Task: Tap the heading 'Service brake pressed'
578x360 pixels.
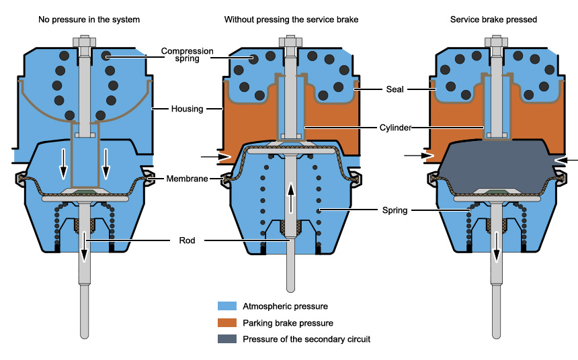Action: click(x=493, y=19)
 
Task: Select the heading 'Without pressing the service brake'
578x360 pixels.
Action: click(x=291, y=19)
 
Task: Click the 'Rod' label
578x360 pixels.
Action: click(x=187, y=240)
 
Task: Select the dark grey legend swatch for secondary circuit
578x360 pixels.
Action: click(x=230, y=339)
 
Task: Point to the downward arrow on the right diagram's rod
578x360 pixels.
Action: click(x=497, y=246)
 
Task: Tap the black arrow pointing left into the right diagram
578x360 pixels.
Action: click(x=569, y=161)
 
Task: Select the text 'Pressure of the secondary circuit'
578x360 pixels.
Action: click(x=306, y=339)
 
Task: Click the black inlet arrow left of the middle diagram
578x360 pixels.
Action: click(x=210, y=157)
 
